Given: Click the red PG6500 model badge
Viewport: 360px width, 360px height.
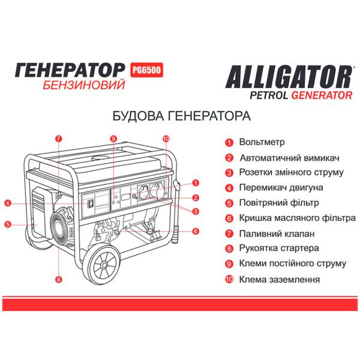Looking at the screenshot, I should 146,70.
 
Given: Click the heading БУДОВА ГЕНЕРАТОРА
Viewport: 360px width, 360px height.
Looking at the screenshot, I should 180,115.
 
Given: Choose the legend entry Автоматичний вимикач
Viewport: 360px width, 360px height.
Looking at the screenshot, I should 290,158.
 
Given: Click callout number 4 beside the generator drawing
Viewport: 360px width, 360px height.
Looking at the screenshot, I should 7,203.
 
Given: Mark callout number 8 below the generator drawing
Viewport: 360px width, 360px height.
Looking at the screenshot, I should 58,278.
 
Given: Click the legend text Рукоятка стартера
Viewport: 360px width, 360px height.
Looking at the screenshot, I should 278,248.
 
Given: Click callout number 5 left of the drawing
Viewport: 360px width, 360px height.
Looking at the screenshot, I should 7,224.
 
